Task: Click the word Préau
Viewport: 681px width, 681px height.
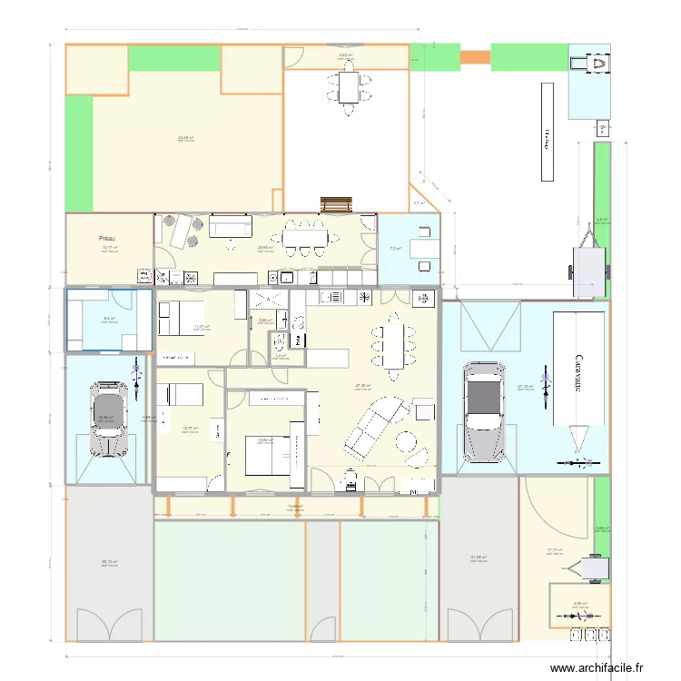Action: (x=109, y=239)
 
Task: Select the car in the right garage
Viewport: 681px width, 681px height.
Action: (x=483, y=410)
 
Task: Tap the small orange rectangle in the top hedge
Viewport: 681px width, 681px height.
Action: (x=474, y=57)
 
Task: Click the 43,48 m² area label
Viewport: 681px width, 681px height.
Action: (x=185, y=138)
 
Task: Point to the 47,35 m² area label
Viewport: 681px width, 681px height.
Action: (x=362, y=386)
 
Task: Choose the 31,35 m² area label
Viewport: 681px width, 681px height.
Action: (x=478, y=558)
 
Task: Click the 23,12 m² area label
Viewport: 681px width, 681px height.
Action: (x=108, y=562)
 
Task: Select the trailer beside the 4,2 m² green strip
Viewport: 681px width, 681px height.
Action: (x=587, y=262)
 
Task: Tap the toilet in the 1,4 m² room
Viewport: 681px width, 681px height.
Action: (x=276, y=342)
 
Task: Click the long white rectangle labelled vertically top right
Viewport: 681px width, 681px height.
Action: (x=547, y=133)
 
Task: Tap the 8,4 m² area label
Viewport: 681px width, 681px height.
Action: (x=109, y=319)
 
